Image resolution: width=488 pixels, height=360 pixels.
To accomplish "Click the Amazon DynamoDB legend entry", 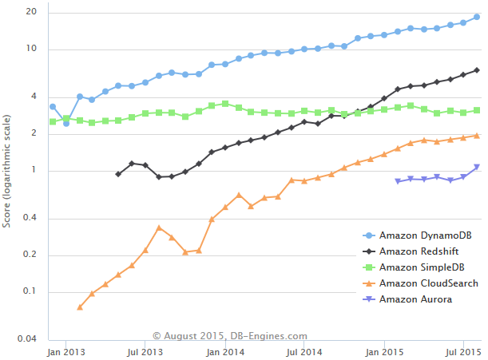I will pos(424,235).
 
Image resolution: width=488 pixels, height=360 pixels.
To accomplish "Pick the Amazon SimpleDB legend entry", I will pos(422,267).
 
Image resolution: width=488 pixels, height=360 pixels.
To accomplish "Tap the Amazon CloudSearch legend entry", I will pos(429,283).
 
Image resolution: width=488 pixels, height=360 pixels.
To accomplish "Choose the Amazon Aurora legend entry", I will pos(415,299).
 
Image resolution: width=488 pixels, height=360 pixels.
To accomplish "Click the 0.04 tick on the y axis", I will pos(27,339).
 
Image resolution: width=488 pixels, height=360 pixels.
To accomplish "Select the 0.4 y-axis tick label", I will pos(30,219).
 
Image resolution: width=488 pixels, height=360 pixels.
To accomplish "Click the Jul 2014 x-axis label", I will pos(304,351).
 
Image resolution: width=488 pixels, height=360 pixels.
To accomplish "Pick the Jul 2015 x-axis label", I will pos(462,351).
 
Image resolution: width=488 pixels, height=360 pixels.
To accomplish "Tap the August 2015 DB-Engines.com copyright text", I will pos(230,337).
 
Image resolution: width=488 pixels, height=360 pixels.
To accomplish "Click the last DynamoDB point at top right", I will pos(477,17).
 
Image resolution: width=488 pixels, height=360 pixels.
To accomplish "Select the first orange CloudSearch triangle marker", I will pos(80,307).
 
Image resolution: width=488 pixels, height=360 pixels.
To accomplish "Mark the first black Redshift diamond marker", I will pos(118,174).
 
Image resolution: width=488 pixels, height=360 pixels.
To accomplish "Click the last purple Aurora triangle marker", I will pos(477,167).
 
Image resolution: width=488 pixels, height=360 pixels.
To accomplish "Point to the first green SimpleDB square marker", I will pos(53,121).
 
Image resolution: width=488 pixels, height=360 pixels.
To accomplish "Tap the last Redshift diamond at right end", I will pos(477,70).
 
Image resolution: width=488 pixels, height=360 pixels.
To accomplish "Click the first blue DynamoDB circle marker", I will pos(53,106).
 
